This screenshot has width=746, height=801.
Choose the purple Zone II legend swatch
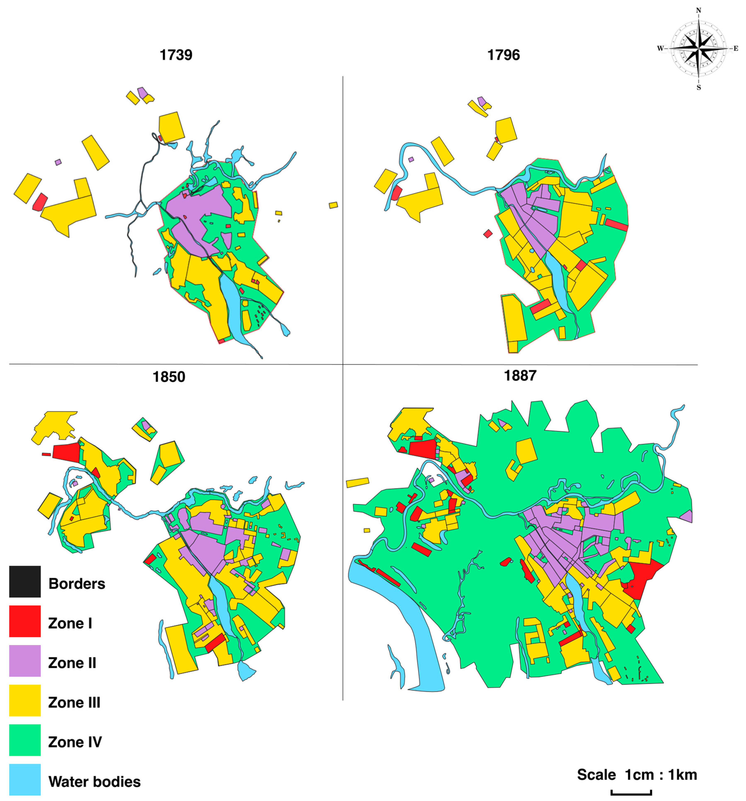tap(25, 661)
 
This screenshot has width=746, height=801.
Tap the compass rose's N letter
tap(699, 11)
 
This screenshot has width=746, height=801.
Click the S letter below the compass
tap(699, 87)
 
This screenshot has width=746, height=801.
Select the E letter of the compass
tap(735, 49)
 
